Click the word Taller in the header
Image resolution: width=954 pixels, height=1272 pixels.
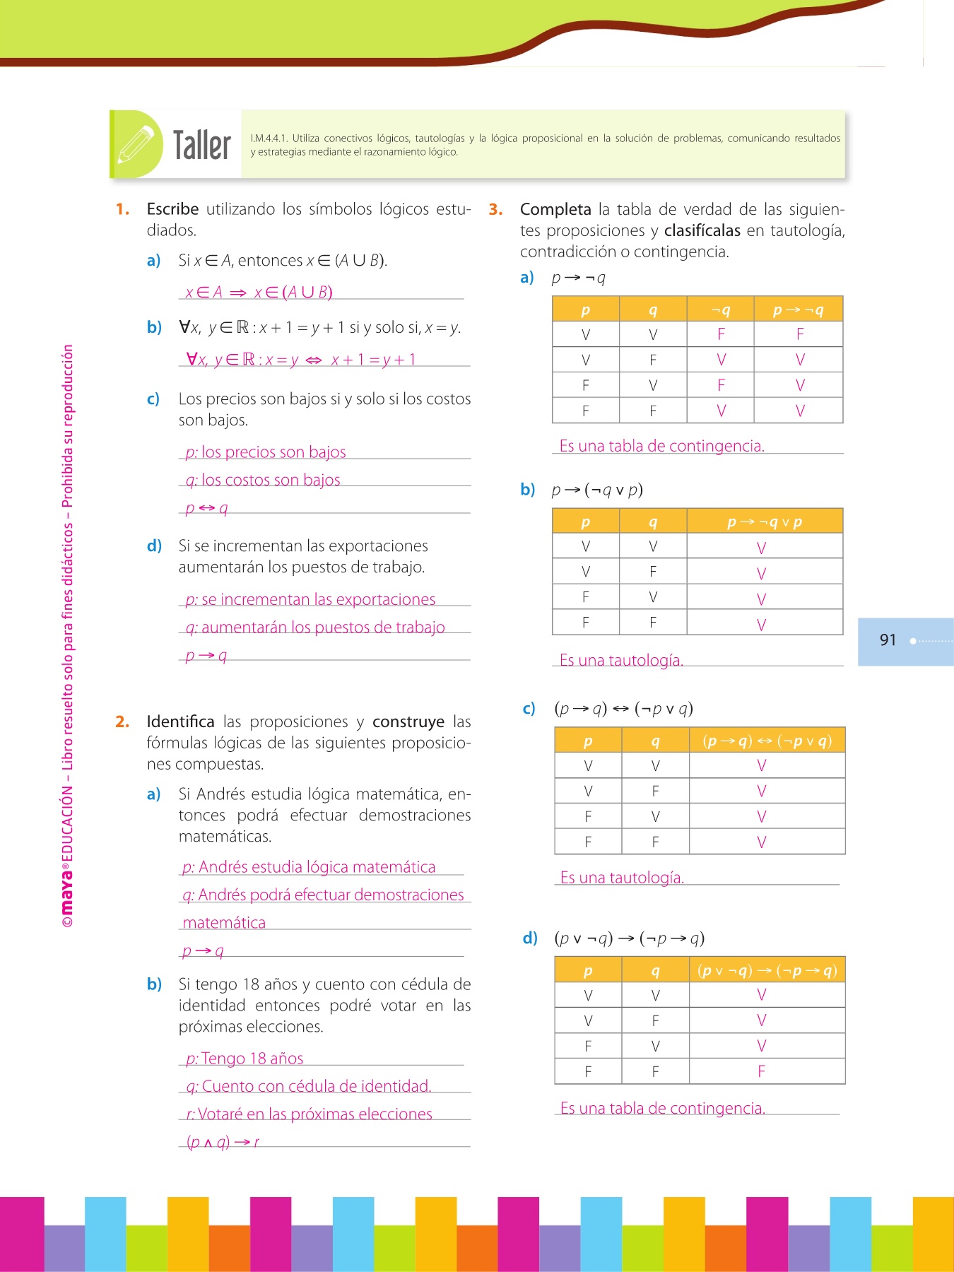(x=202, y=145)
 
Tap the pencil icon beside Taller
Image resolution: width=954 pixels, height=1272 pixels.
(x=136, y=144)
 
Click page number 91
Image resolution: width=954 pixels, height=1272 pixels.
(x=888, y=640)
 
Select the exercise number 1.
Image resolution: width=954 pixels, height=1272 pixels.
(x=122, y=209)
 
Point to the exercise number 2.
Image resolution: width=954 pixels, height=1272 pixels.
(x=122, y=722)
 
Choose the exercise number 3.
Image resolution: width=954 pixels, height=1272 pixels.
(x=495, y=209)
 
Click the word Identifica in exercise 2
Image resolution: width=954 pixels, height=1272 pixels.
(x=180, y=722)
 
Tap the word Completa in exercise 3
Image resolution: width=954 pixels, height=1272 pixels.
(x=555, y=209)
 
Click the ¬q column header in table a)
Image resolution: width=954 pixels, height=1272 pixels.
(x=721, y=310)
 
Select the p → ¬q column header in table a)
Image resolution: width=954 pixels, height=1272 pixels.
(x=799, y=310)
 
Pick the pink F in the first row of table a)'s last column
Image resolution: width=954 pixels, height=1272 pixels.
(x=800, y=334)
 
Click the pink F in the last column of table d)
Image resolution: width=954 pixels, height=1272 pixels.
(x=761, y=1071)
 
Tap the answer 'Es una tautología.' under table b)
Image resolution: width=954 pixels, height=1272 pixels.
(x=621, y=660)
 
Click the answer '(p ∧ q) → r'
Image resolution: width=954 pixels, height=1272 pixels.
(x=223, y=1141)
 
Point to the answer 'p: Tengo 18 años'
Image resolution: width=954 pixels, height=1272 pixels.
(x=245, y=1059)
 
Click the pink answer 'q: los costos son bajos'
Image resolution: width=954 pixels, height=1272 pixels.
(x=263, y=480)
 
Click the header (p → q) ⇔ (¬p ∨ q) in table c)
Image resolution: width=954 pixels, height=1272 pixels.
(x=767, y=741)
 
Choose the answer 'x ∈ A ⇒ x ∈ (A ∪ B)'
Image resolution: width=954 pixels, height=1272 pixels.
(x=259, y=293)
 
